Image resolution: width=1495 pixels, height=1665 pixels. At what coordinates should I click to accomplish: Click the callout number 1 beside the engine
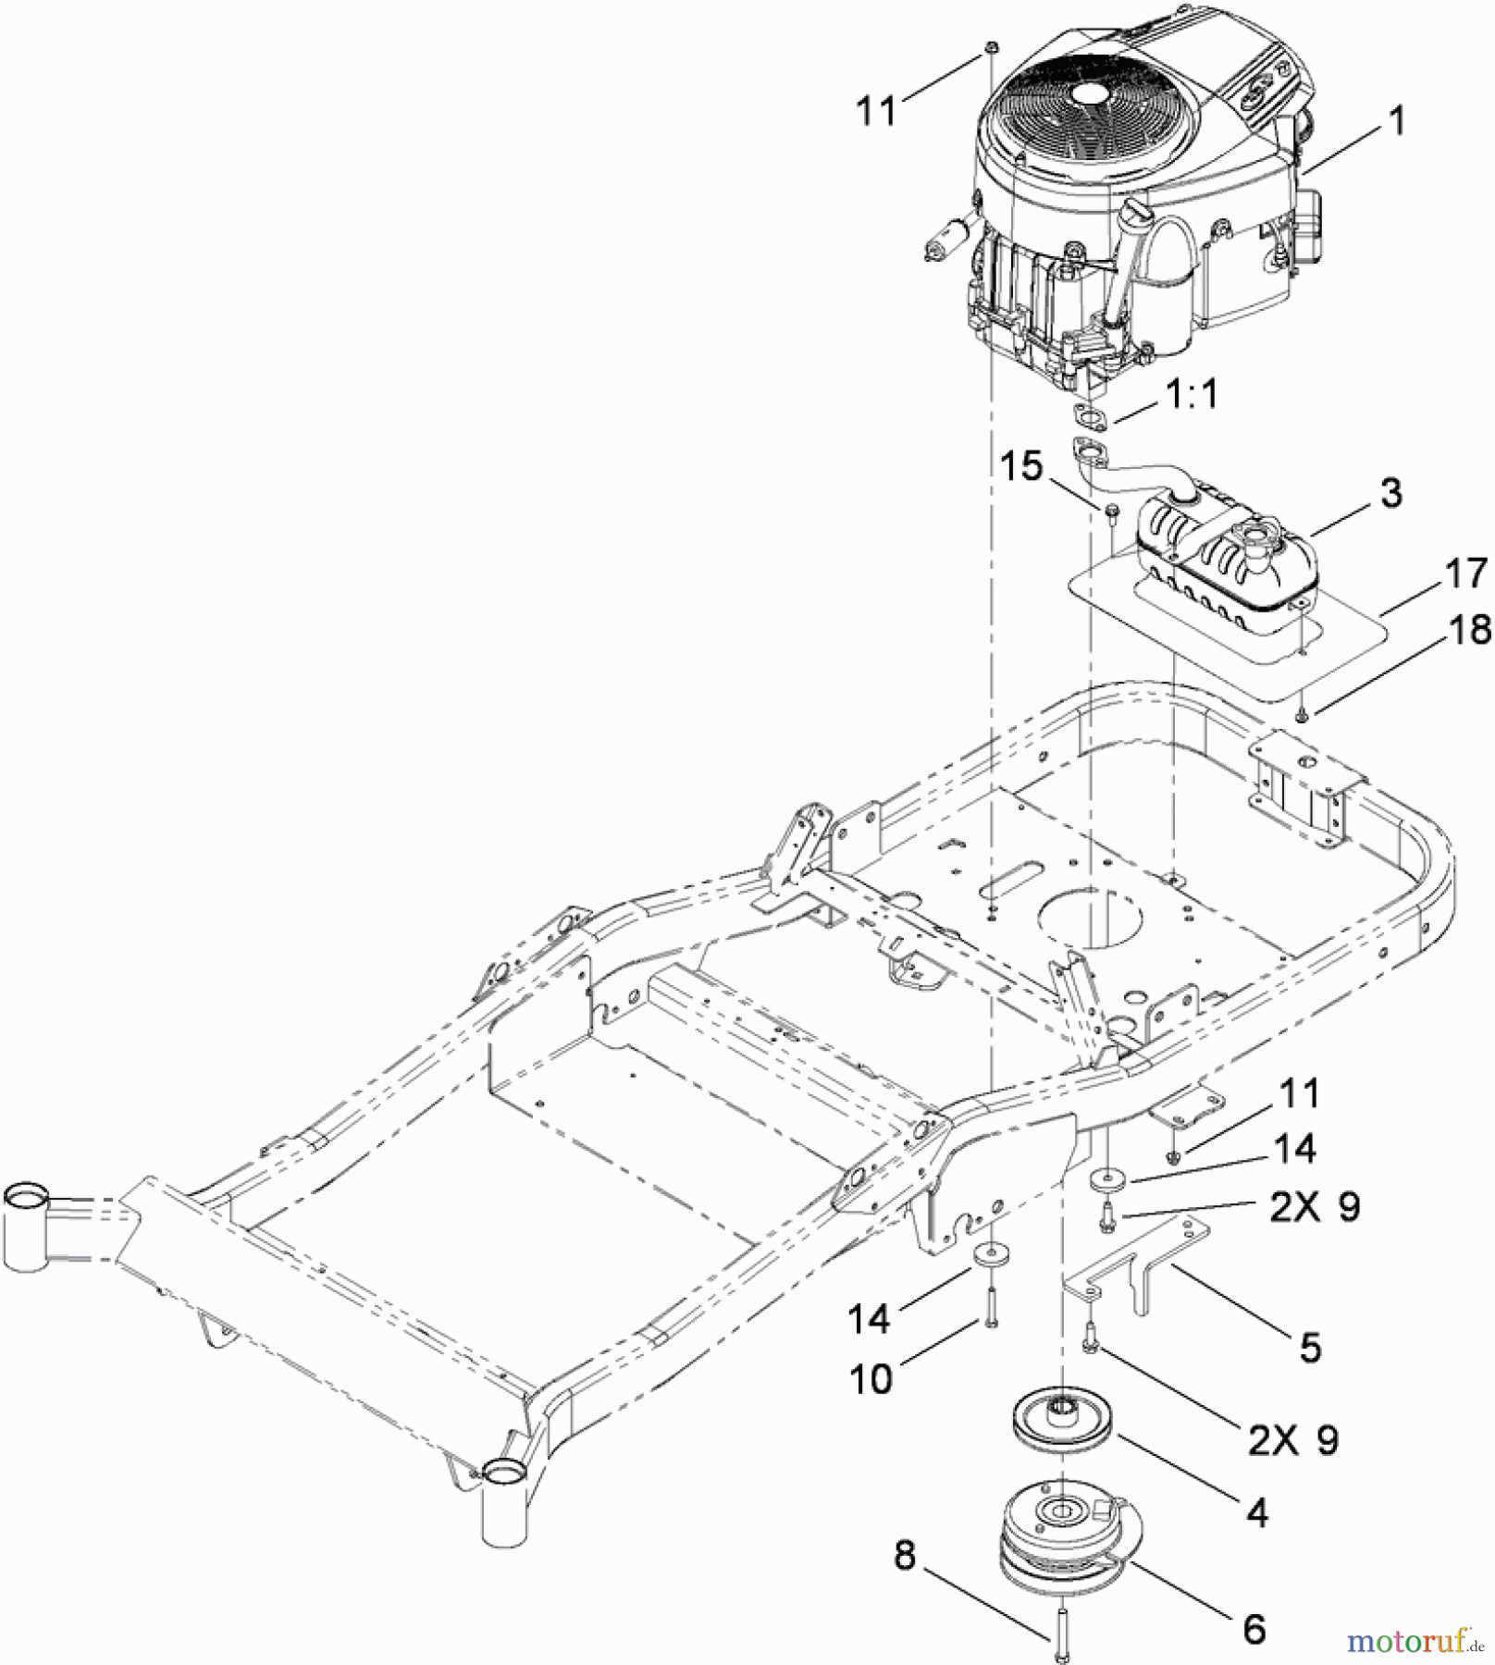point(1397,120)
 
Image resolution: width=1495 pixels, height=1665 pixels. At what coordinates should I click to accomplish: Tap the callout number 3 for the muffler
point(1390,493)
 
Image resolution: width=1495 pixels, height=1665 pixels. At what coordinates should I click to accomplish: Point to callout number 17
point(1465,573)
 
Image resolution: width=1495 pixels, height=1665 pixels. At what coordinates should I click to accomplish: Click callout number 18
point(1469,630)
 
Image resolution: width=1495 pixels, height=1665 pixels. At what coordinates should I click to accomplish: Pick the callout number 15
point(1021,466)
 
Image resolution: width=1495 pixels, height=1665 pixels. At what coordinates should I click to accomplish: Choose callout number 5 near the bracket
point(1310,1348)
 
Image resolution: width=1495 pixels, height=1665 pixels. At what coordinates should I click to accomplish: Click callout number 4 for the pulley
point(1256,1513)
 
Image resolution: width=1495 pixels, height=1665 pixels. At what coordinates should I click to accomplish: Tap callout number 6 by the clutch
point(1254,1629)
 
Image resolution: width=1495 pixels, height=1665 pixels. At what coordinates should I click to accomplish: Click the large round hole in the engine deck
point(1090,917)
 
